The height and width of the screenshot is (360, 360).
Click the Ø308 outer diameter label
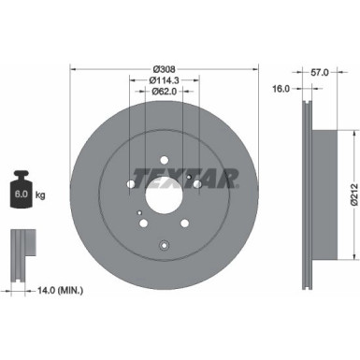click(165, 68)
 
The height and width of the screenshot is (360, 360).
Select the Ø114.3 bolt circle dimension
click(166, 79)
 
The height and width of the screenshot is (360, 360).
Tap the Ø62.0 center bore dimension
click(166, 92)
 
